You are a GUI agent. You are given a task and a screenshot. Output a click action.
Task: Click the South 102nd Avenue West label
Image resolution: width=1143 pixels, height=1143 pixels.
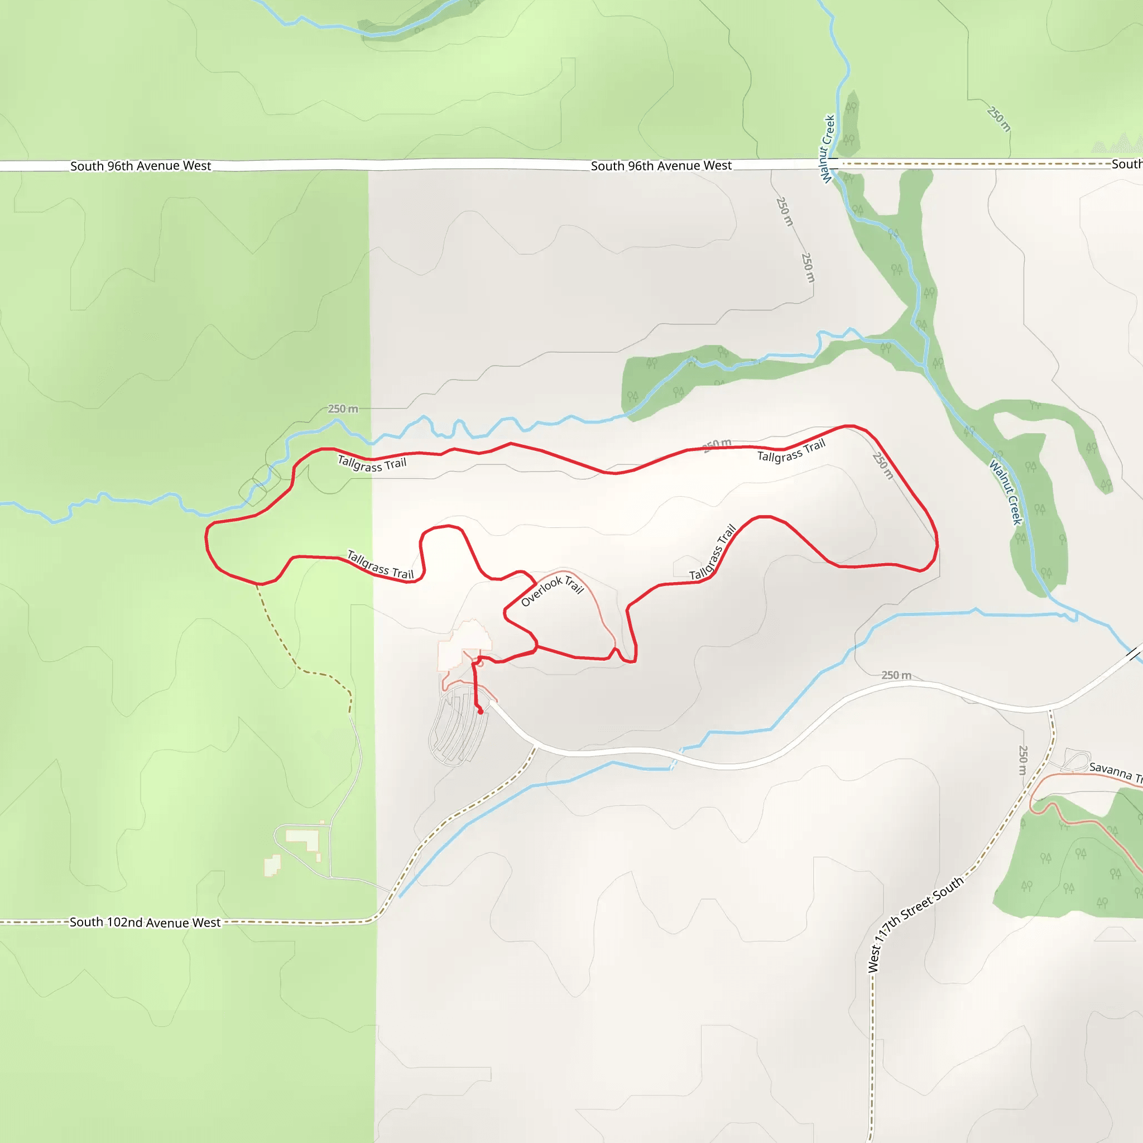coord(145,923)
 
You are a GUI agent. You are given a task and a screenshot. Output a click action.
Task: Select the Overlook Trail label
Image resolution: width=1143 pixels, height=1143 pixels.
coord(552,590)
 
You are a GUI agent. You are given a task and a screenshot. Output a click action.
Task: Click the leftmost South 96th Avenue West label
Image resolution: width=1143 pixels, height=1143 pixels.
coord(140,166)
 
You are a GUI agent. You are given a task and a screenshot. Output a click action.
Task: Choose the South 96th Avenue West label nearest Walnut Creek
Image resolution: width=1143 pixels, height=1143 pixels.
coord(661,166)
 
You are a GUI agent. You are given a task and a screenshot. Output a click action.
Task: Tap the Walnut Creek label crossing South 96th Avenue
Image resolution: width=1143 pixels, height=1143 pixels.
coord(827,148)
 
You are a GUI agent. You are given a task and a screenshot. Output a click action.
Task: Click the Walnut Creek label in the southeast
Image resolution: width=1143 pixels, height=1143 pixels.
coord(1006,492)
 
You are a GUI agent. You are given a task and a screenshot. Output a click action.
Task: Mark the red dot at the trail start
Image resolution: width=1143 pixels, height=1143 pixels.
coord(481,712)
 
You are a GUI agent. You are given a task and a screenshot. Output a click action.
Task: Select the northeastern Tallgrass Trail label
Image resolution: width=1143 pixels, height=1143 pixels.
coord(791,451)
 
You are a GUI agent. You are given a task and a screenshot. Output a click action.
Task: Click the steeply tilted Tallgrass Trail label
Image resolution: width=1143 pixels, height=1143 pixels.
coord(712,553)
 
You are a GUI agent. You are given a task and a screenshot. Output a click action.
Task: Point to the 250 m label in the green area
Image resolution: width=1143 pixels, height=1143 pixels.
coord(343,409)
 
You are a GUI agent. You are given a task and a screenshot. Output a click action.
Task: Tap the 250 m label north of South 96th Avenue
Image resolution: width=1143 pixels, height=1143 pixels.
coord(998,118)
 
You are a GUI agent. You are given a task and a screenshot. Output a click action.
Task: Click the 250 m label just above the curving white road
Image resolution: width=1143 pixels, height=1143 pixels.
coord(896,675)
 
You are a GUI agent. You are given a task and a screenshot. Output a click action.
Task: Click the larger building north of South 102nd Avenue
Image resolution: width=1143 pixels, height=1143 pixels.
coord(302,839)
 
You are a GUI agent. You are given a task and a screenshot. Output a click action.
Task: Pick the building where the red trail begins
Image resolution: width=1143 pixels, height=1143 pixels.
coord(464,645)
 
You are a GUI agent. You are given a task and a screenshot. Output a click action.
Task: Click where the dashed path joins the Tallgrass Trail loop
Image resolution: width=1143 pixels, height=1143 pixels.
coord(257,584)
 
